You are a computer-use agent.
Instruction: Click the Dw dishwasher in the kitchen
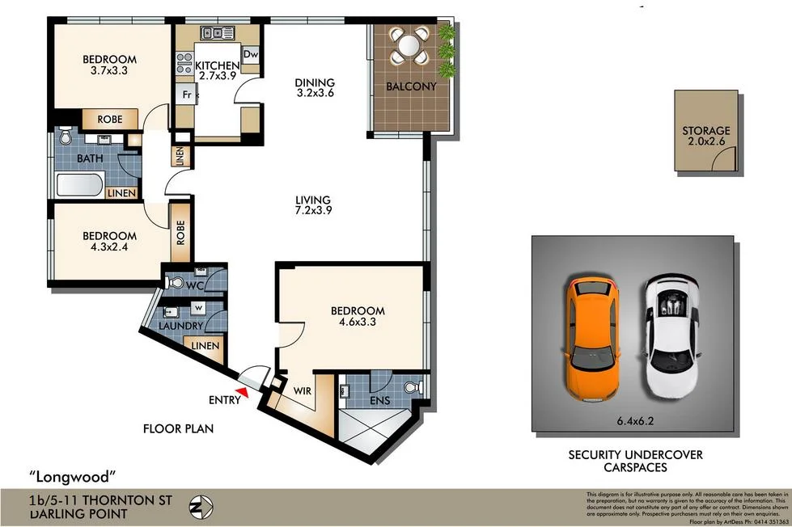[x=250, y=54]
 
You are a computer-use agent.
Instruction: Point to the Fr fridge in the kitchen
[x=186, y=94]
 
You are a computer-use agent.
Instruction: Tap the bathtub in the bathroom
[x=80, y=186]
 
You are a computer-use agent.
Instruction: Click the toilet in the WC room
[x=174, y=282]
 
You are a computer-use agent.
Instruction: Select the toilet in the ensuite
[x=413, y=389]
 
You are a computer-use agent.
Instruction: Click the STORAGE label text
[x=705, y=130]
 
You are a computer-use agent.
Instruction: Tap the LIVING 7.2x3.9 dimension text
[x=313, y=210]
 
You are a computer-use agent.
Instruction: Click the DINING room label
[x=315, y=82]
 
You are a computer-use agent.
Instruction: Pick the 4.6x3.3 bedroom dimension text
[x=357, y=322]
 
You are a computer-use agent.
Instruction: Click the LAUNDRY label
[x=180, y=326]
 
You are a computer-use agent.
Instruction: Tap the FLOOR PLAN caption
[x=178, y=428]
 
